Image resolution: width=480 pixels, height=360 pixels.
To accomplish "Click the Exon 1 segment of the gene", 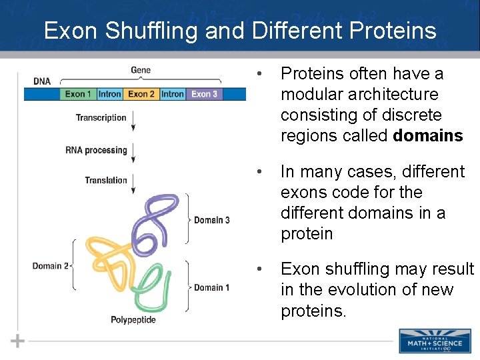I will pos(78,94).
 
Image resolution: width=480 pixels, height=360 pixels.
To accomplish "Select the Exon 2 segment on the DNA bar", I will pos(141,94).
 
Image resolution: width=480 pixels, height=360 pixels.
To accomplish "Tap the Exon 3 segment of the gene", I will pos(204,94).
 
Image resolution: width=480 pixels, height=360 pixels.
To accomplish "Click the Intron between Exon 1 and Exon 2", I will pos(109,94).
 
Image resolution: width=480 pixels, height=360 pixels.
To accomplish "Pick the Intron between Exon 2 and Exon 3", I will pos(172,94).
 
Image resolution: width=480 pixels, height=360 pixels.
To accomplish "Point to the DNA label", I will pos(41,81).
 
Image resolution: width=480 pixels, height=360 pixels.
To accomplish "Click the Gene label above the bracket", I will pos(141,70).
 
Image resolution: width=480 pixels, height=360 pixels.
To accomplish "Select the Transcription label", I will pos(101,118).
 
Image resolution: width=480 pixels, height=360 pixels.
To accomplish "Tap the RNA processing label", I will pos(96,150).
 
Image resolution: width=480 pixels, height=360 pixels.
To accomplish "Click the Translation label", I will pos(105,180).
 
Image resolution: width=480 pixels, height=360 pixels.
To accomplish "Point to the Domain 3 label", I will pos(211,220).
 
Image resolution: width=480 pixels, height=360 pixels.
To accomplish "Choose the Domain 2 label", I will pos(50,266).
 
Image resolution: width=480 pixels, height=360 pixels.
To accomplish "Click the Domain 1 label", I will pos(211,287).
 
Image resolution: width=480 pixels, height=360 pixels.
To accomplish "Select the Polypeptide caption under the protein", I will pos(133,320).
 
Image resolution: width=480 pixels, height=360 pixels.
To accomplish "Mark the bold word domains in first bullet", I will pos(428,136).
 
